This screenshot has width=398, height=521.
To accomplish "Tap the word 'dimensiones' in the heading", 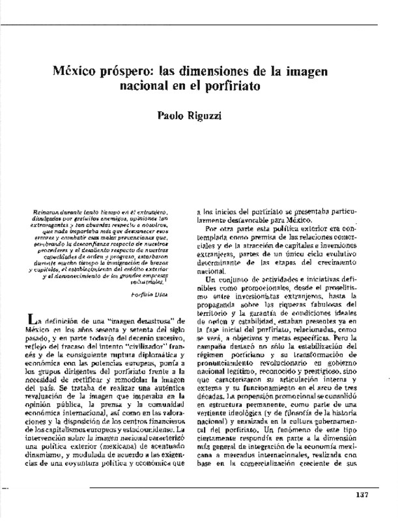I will [x=227, y=70].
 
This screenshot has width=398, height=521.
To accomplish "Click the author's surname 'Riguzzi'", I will [x=221, y=117].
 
